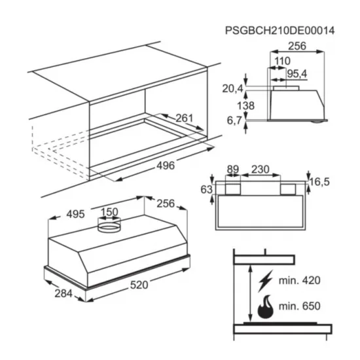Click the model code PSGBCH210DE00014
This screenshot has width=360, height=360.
pos(279,31)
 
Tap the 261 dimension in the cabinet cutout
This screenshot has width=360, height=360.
pos(185,118)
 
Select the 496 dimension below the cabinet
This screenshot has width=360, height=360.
pos(166,166)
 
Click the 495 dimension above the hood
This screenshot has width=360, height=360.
pos(75,214)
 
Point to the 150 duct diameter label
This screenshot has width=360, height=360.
pos(109,212)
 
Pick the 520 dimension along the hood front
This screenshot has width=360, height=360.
pos(139,285)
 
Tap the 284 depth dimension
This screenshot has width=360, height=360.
pos(63,293)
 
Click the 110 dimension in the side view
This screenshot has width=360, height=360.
pos(282,61)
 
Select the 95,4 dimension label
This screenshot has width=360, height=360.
pos(297,74)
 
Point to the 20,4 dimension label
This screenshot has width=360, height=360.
pos(232,88)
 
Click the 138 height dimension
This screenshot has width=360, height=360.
pos(245,106)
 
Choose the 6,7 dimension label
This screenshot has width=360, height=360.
pos(234,120)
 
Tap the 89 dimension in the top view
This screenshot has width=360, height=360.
pos(233,170)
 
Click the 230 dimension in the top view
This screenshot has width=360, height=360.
pos(260,170)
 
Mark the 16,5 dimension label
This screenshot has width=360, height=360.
pos(319,182)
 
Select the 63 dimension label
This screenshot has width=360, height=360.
pos(206,190)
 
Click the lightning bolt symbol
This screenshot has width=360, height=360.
pos(265,281)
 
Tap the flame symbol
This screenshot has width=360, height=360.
pos(266,307)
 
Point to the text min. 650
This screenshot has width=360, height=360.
pos(299,306)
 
